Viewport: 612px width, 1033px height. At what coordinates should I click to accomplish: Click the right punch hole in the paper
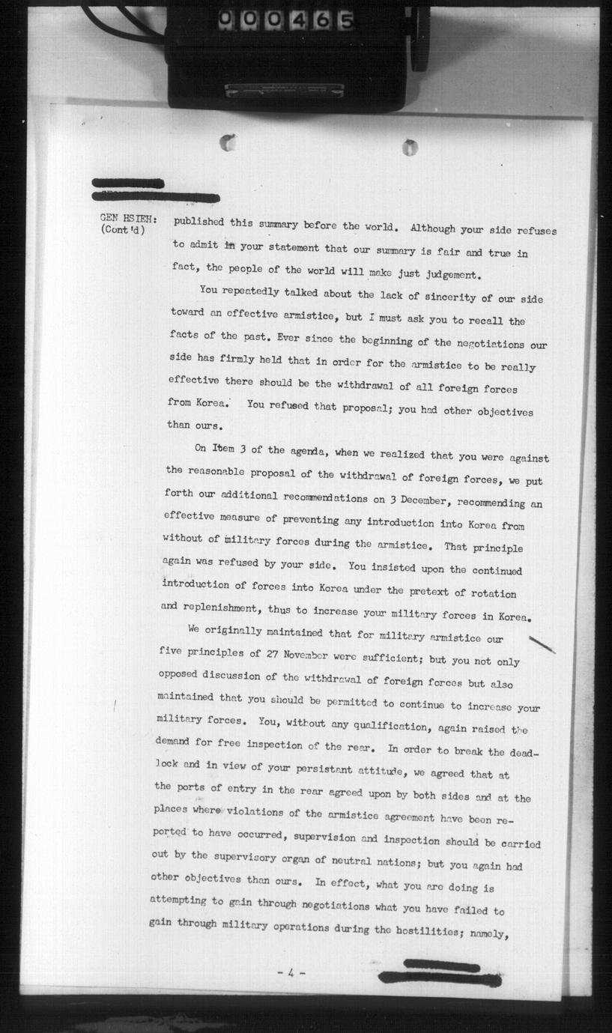(409, 148)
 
